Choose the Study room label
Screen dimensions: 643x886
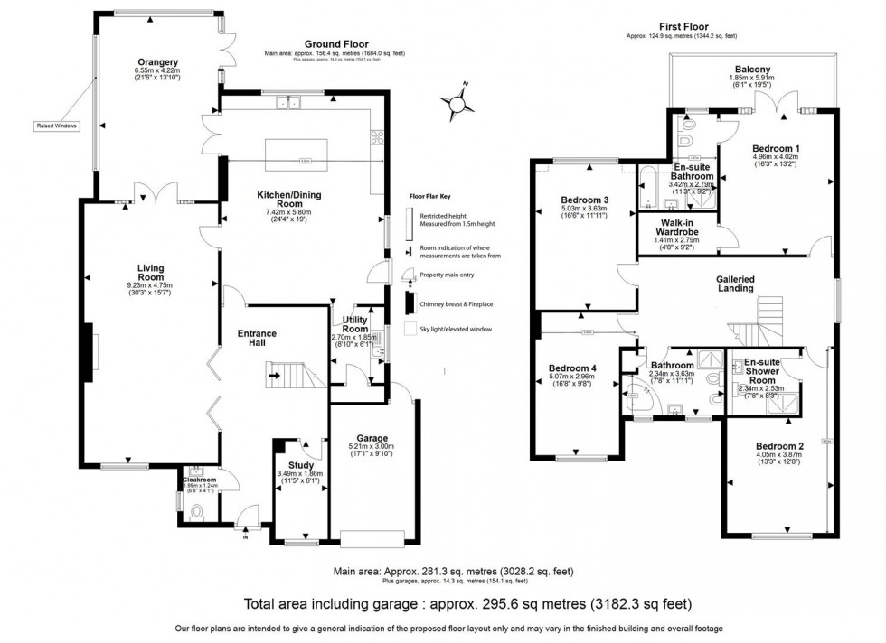tap(295, 465)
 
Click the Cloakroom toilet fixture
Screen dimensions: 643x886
tap(197, 511)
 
